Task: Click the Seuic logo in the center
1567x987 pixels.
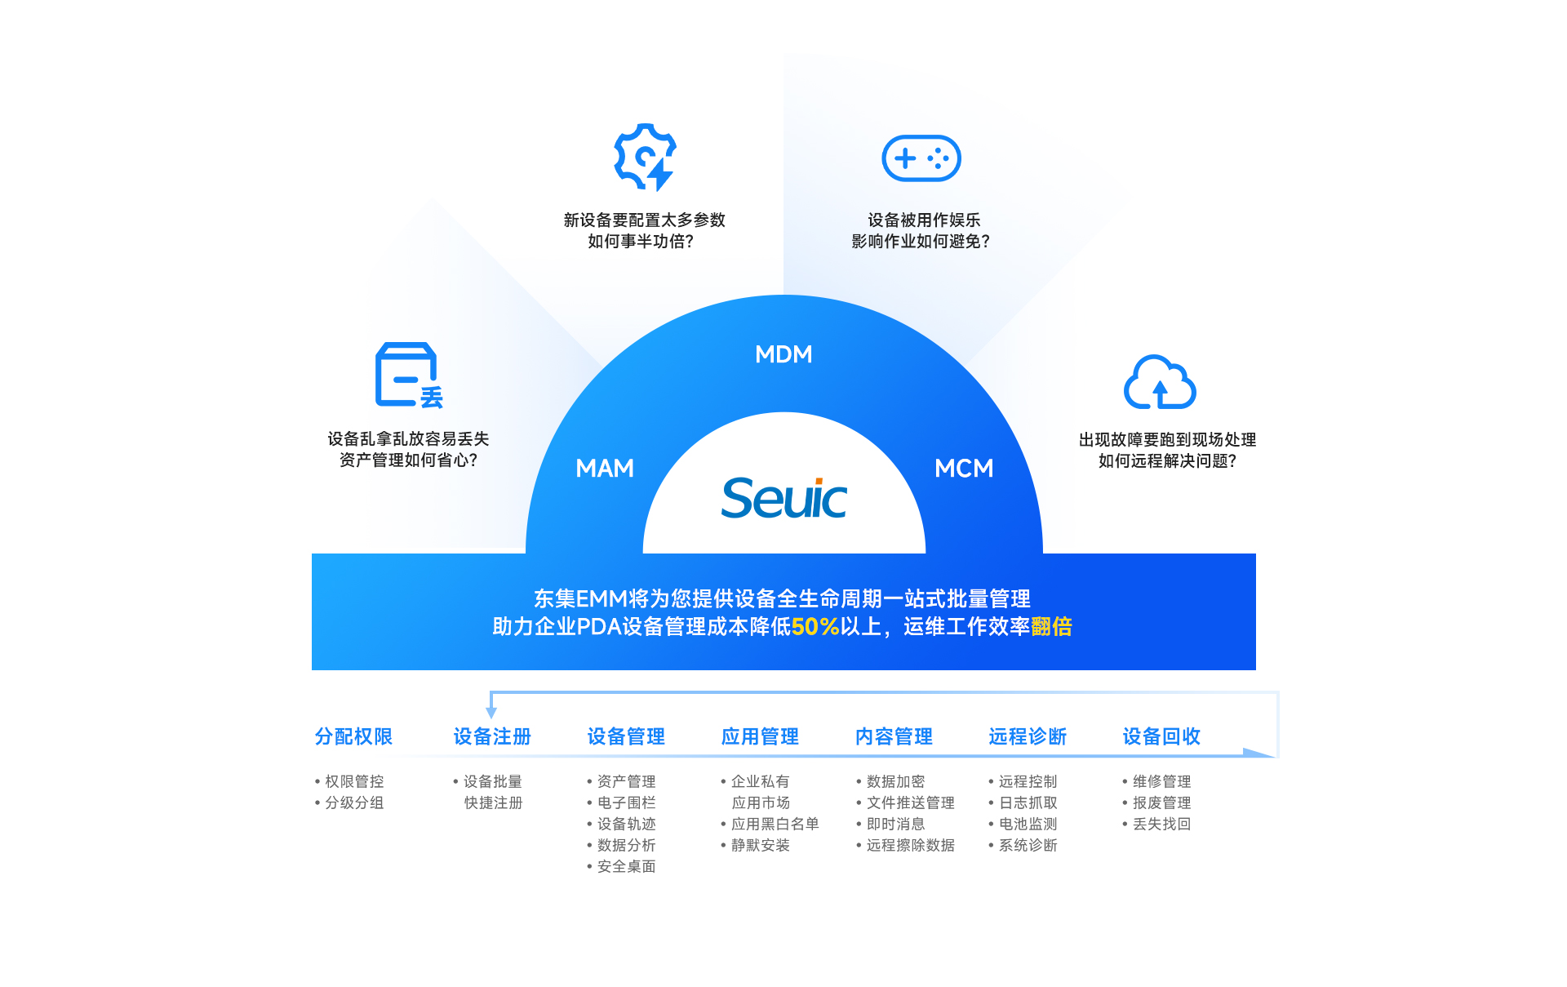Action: pyautogui.click(x=783, y=498)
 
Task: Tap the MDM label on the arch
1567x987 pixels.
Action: pyautogui.click(x=783, y=354)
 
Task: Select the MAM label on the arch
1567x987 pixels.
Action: pyautogui.click(x=605, y=469)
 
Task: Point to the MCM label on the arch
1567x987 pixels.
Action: pyautogui.click(x=964, y=469)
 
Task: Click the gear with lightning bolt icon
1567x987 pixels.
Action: pyautogui.click(x=645, y=157)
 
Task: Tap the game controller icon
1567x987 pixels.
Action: pyautogui.click(x=921, y=158)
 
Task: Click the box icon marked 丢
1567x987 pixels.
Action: pyautogui.click(x=408, y=375)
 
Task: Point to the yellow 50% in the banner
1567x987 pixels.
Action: pyautogui.click(x=815, y=627)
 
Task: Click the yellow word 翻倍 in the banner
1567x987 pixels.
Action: pyautogui.click(x=1051, y=627)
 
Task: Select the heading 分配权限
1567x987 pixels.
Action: pyautogui.click(x=353, y=736)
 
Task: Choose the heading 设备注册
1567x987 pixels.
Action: pyautogui.click(x=492, y=736)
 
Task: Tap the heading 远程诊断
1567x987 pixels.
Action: pyautogui.click(x=1028, y=736)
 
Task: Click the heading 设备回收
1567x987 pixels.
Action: pyautogui.click(x=1161, y=736)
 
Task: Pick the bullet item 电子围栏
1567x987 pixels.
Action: pyautogui.click(x=626, y=803)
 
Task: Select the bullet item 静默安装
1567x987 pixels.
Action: pyautogui.click(x=760, y=846)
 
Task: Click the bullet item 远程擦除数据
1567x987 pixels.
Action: pyautogui.click(x=910, y=846)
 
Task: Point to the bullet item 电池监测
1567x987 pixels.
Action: pyautogui.click(x=1028, y=825)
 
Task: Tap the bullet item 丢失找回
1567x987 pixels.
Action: pyautogui.click(x=1161, y=825)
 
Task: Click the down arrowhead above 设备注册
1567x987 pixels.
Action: pyautogui.click(x=491, y=713)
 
